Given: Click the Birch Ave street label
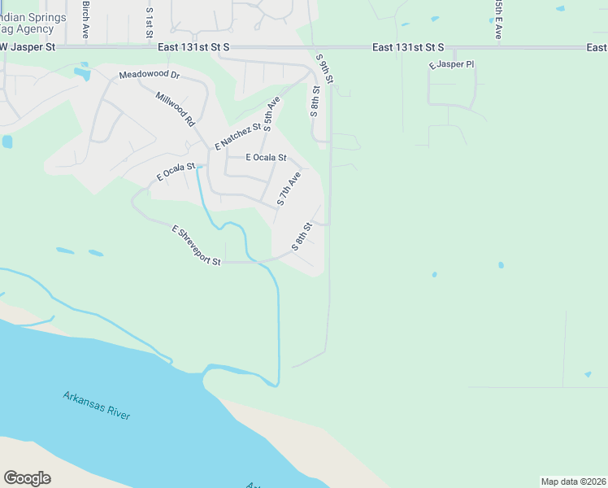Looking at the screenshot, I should click(x=85, y=20).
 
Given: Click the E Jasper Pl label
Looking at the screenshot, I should click(x=451, y=64).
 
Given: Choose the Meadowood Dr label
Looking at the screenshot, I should click(x=149, y=76).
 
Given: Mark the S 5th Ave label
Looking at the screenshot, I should click(x=271, y=114).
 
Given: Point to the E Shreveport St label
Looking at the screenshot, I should click(x=197, y=246).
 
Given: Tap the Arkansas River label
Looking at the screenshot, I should click(x=97, y=405).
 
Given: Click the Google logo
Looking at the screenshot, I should click(x=27, y=478).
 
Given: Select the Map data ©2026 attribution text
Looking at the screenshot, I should click(x=573, y=481).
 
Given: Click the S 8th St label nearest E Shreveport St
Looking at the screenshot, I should click(x=302, y=237).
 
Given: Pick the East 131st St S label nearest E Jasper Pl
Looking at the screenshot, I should click(x=408, y=48).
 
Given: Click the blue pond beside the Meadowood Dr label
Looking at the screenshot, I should click(x=82, y=75).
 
